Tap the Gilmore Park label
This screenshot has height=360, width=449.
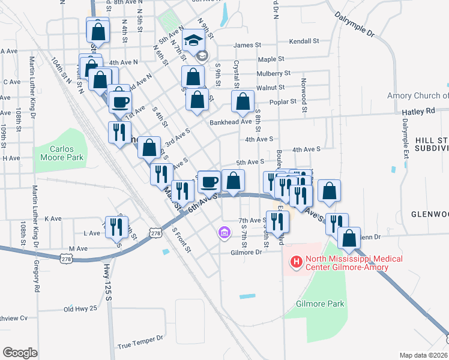coord(321,304)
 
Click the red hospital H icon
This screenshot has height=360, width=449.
coord(296,261)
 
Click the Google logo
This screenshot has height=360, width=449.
coord(20,353)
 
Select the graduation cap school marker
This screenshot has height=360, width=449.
coord(193,41)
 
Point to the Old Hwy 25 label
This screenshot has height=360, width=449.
coord(80,309)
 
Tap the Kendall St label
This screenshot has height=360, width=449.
coord(304,42)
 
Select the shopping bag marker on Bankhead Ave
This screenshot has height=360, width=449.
coord(243,102)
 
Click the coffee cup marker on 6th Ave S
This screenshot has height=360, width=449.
coord(209,180)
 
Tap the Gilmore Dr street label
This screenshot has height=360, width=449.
coord(247,252)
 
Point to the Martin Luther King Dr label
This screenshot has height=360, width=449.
coord(33,88)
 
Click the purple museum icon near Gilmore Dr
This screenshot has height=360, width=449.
coord(224,232)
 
